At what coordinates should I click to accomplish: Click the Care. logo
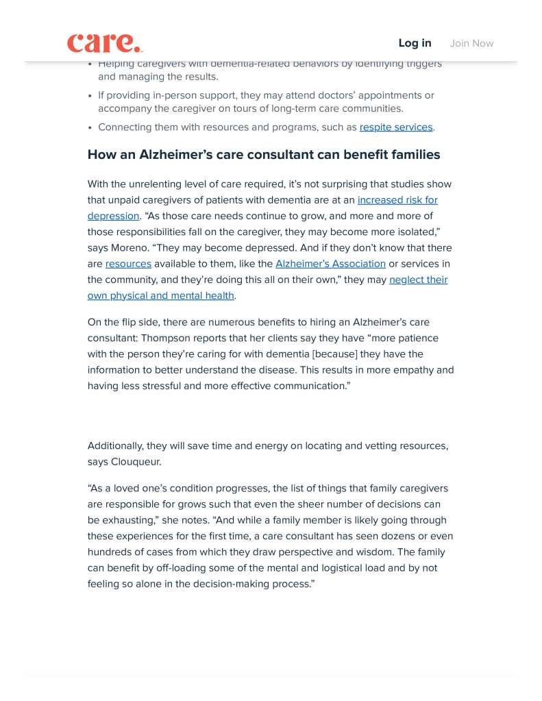pyautogui.click(x=105, y=42)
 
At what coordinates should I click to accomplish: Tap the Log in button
pyautogui.click(x=415, y=43)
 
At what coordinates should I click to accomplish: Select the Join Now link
pyautogui.click(x=471, y=43)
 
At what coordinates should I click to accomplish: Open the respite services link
pyautogui.click(x=396, y=127)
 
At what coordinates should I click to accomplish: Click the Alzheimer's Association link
pyautogui.click(x=330, y=264)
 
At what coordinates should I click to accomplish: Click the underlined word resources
pyautogui.click(x=128, y=264)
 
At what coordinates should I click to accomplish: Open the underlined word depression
pyautogui.click(x=113, y=216)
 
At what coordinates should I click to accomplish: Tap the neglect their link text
pyautogui.click(x=418, y=280)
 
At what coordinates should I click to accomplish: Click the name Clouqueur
pyautogui.click(x=137, y=462)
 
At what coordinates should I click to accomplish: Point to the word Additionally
pyautogui.click(x=115, y=445)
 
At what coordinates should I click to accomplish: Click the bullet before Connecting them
pyautogui.click(x=90, y=127)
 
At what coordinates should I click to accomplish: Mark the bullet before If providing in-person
pyautogui.click(x=90, y=96)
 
